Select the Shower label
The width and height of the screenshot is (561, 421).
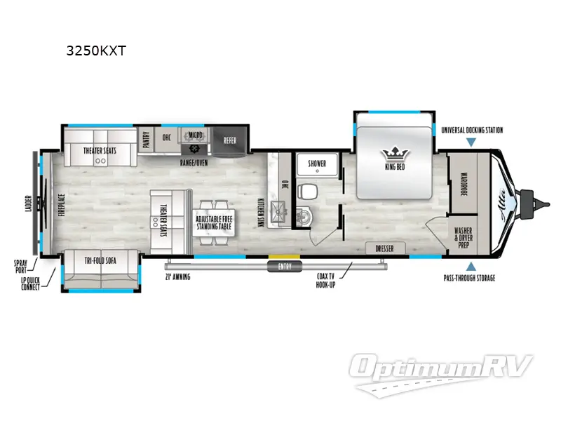tap(317, 163)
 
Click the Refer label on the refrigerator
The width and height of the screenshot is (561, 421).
tap(230, 140)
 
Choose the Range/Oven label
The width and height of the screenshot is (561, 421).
tap(194, 162)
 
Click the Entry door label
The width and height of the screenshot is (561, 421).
tap(283, 267)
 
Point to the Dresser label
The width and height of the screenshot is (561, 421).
tap(384, 249)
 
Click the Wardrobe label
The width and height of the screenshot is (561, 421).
tap(464, 184)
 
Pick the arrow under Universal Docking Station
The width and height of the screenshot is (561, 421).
tap(471, 142)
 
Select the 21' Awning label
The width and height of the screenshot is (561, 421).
tap(178, 276)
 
